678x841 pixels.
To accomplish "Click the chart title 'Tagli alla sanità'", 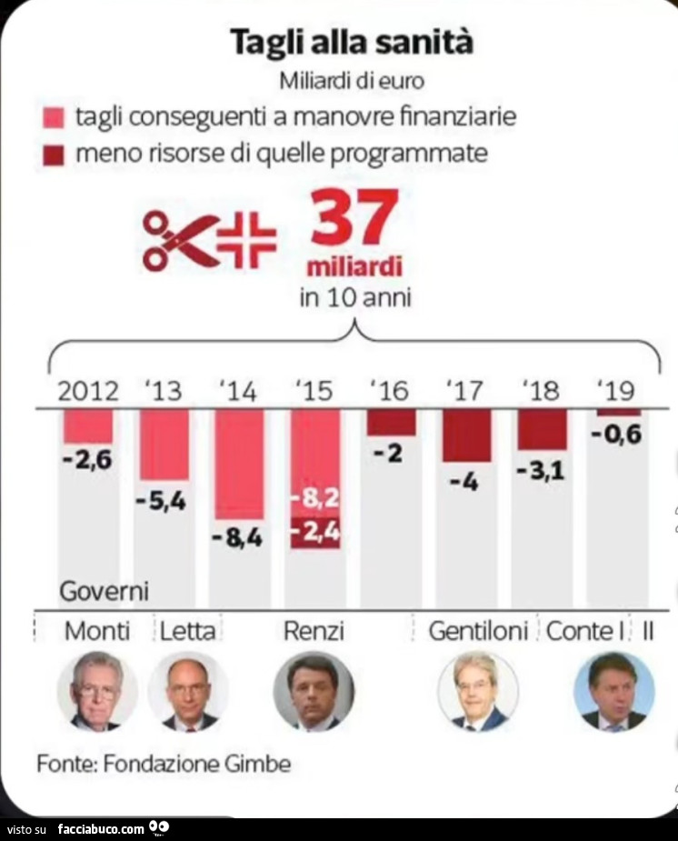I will (351, 43).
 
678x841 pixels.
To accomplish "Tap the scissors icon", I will (180, 240).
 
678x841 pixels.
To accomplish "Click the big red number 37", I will (354, 218).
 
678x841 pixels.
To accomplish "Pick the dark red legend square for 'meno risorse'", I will (54, 155).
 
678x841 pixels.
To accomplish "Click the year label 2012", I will (88, 391).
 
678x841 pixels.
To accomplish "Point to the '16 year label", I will (390, 391).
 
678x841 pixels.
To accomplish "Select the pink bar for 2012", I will (88, 426).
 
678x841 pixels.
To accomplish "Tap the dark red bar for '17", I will (466, 435).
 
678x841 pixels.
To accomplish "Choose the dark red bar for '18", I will (543, 429).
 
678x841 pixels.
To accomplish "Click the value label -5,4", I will (164, 500).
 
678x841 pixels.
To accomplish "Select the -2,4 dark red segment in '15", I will (315, 533).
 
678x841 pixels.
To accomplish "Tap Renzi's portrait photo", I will (314, 692).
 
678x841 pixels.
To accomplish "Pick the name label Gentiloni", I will (478, 630).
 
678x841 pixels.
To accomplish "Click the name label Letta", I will (188, 630).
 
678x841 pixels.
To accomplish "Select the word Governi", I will (104, 592).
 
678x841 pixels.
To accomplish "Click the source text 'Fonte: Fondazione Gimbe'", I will (164, 764).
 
